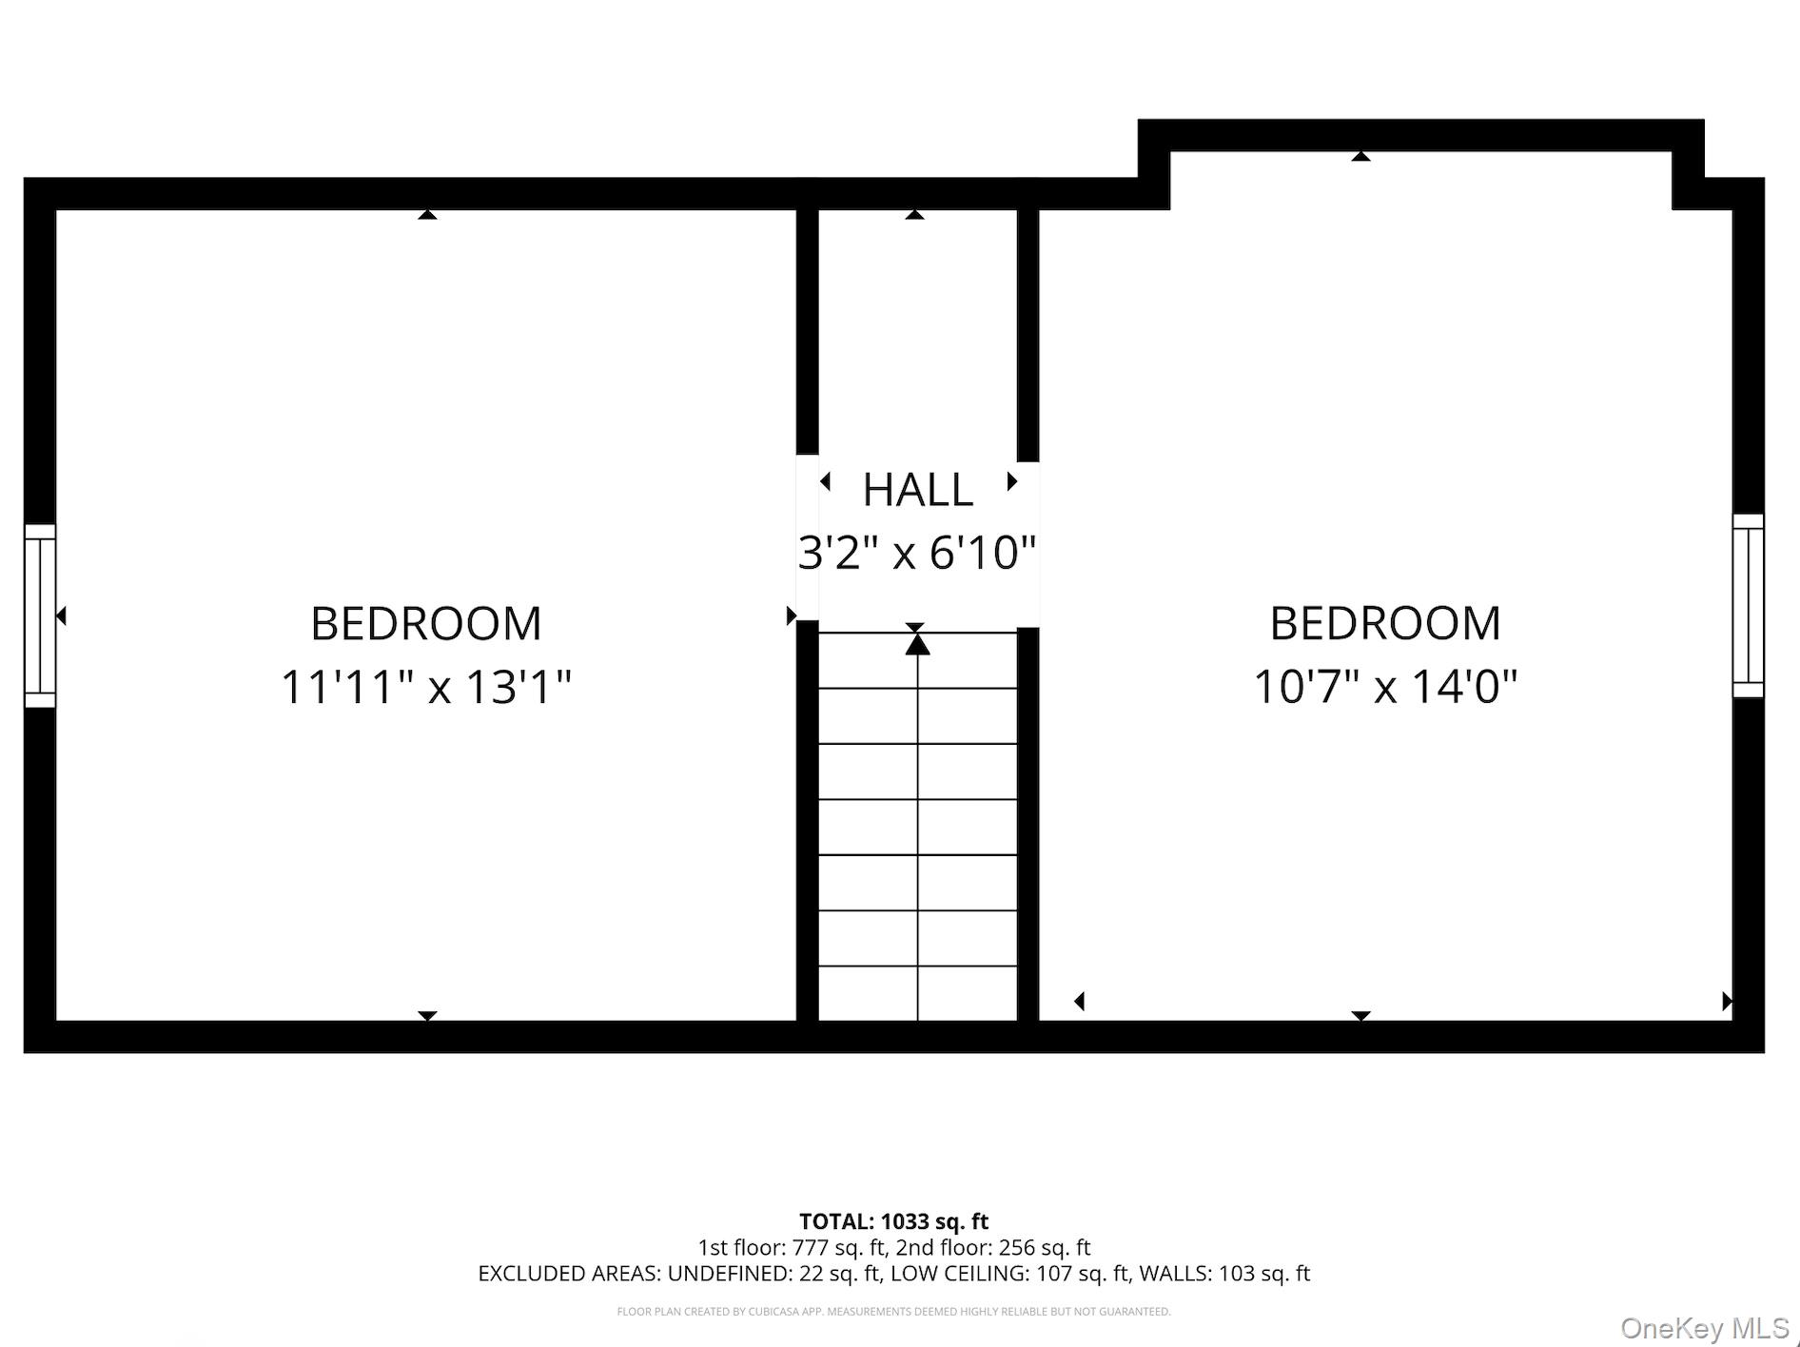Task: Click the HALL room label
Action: [917, 491]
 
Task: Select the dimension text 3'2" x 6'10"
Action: [916, 553]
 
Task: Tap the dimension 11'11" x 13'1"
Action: [426, 687]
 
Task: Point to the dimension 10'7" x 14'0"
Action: [1384, 687]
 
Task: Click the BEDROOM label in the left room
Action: [426, 625]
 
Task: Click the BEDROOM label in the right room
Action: [1384, 625]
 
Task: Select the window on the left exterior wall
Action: [40, 615]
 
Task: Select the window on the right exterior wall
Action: [1748, 606]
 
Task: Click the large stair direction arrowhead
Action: [917, 645]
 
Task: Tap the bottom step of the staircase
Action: [917, 994]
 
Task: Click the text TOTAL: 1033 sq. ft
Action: [893, 1222]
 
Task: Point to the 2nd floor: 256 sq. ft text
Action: [993, 1248]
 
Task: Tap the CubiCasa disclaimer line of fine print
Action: [893, 1312]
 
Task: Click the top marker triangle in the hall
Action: [914, 215]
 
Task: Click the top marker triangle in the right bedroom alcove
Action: [1360, 156]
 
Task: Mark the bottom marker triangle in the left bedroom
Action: [427, 1016]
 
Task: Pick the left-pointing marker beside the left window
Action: [61, 616]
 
